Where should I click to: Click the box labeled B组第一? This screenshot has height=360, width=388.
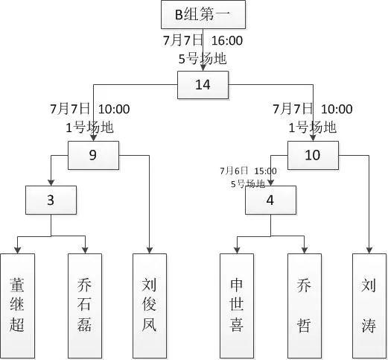click(202, 15)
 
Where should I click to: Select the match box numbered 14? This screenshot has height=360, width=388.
click(203, 85)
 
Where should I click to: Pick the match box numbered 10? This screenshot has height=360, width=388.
click(313, 155)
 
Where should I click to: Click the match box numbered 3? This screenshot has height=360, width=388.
click(51, 200)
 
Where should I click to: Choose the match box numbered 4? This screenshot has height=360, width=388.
click(270, 200)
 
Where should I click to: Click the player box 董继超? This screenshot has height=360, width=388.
click(17, 306)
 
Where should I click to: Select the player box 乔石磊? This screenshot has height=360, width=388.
click(85, 306)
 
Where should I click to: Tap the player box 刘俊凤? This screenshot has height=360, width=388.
click(150, 306)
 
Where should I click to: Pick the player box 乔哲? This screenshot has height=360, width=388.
click(305, 306)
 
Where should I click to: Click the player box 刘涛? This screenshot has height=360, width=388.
click(369, 306)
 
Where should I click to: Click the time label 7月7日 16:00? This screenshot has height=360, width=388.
click(203, 40)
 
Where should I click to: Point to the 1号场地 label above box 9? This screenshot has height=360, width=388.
click(89, 127)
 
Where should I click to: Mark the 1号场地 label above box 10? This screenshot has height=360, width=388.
click(308, 127)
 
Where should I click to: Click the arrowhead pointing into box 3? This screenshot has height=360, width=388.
click(51, 183)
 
